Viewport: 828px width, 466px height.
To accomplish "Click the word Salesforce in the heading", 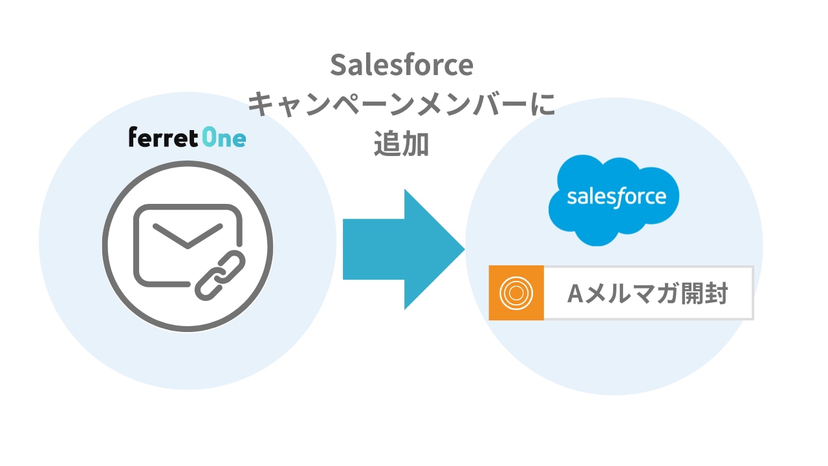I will (402, 65).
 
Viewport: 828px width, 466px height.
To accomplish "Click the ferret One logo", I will (187, 138).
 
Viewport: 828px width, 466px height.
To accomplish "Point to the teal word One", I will (224, 138).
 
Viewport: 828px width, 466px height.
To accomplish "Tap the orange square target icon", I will (516, 293).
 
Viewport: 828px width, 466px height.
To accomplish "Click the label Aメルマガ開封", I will (648, 294).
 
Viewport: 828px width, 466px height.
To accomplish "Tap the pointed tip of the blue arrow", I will (462, 249).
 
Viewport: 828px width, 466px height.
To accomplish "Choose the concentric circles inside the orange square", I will (516, 293).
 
